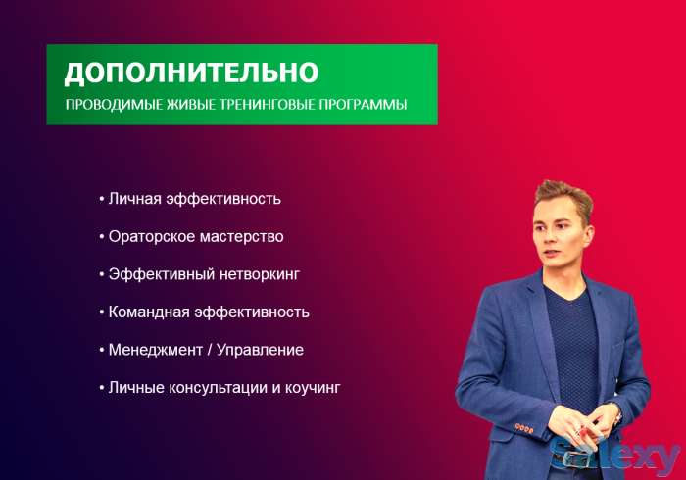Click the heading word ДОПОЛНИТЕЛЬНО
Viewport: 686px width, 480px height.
click(191, 72)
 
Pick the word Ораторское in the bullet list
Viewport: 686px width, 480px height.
click(146, 237)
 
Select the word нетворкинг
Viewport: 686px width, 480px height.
click(258, 275)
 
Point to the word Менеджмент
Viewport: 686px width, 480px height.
click(154, 350)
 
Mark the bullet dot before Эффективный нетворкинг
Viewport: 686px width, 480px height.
click(101, 275)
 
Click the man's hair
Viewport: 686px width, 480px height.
click(563, 197)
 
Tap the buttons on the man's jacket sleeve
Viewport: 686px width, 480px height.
click(523, 428)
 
